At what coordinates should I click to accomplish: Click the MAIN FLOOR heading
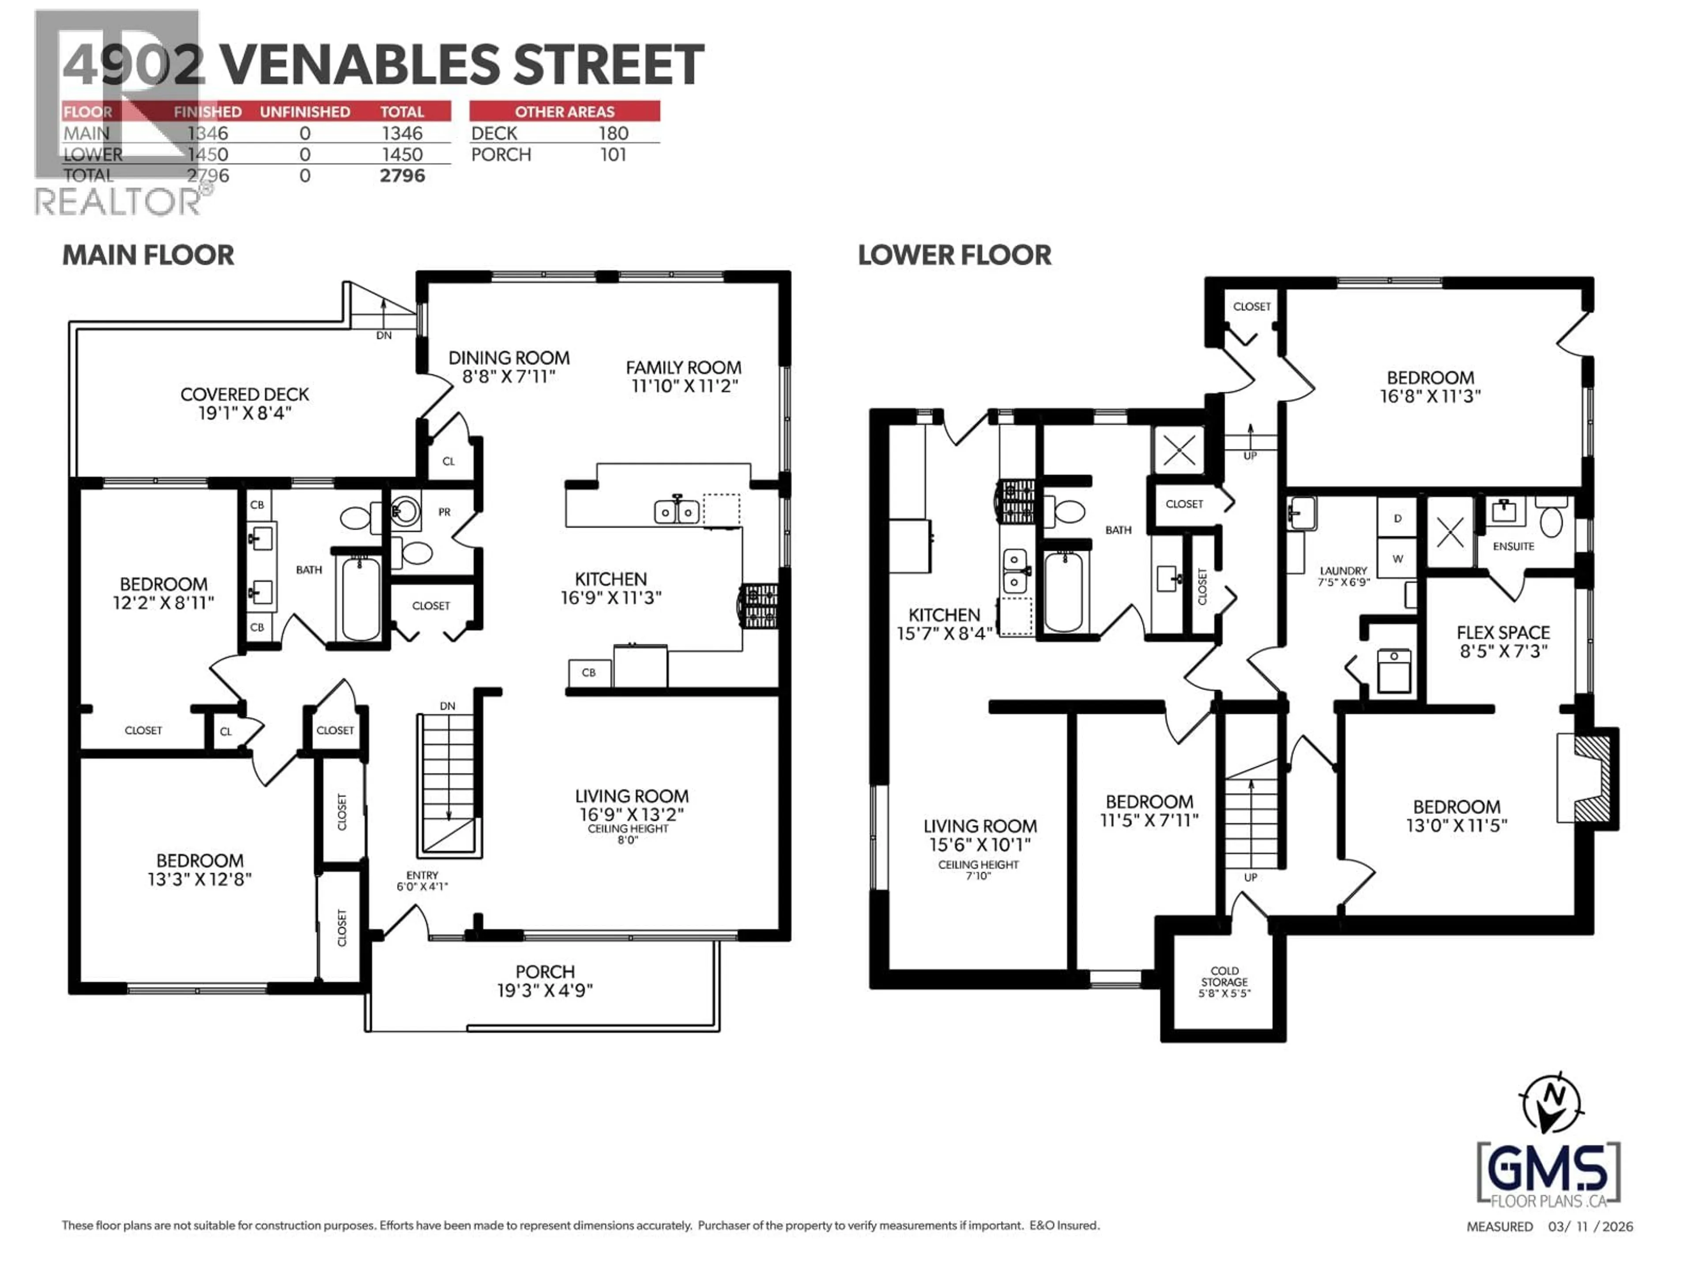pos(148,255)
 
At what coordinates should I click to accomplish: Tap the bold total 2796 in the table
pos(402,176)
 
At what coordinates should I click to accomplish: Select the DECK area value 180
pos(613,133)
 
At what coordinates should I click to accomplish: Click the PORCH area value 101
pos(613,155)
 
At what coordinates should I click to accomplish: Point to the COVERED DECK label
pos(245,403)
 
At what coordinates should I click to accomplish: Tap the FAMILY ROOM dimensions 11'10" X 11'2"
pos(683,386)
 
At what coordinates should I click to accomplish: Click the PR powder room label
pos(444,512)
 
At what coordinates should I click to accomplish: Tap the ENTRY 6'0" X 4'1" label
pos(422,880)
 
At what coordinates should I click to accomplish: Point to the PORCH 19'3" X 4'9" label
pos(545,981)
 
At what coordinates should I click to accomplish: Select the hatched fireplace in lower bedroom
pos(1591,778)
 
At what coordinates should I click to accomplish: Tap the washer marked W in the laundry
pos(1397,559)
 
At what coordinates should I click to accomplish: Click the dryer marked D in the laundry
pos(1397,519)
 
